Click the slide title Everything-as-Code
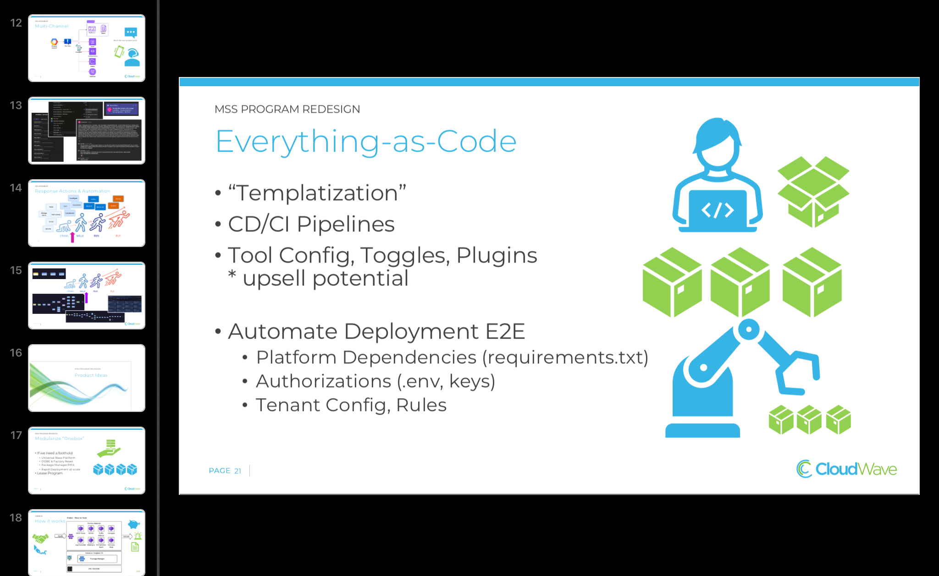[366, 141]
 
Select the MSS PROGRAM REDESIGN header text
[287, 109]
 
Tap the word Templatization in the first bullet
[316, 193]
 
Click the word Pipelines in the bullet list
[345, 225]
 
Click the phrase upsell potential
[325, 278]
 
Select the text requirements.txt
[567, 357]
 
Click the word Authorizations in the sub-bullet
[323, 381]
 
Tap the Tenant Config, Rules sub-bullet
[351, 405]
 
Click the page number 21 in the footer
[238, 471]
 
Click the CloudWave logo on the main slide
[846, 469]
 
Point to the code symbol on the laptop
[717, 210]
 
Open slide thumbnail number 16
[87, 378]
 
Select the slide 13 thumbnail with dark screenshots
[87, 131]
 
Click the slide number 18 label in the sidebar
[16, 518]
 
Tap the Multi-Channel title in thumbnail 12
[52, 26]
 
